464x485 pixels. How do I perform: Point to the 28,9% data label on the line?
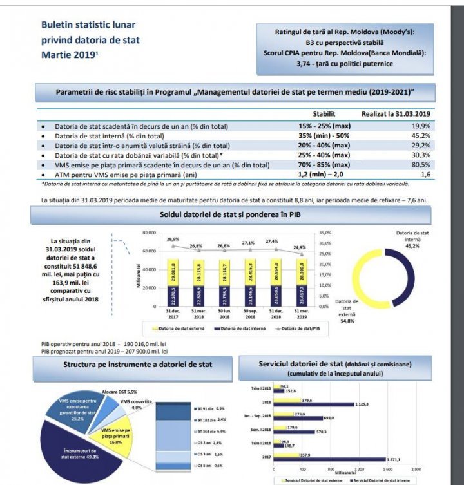[x=173, y=239]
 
